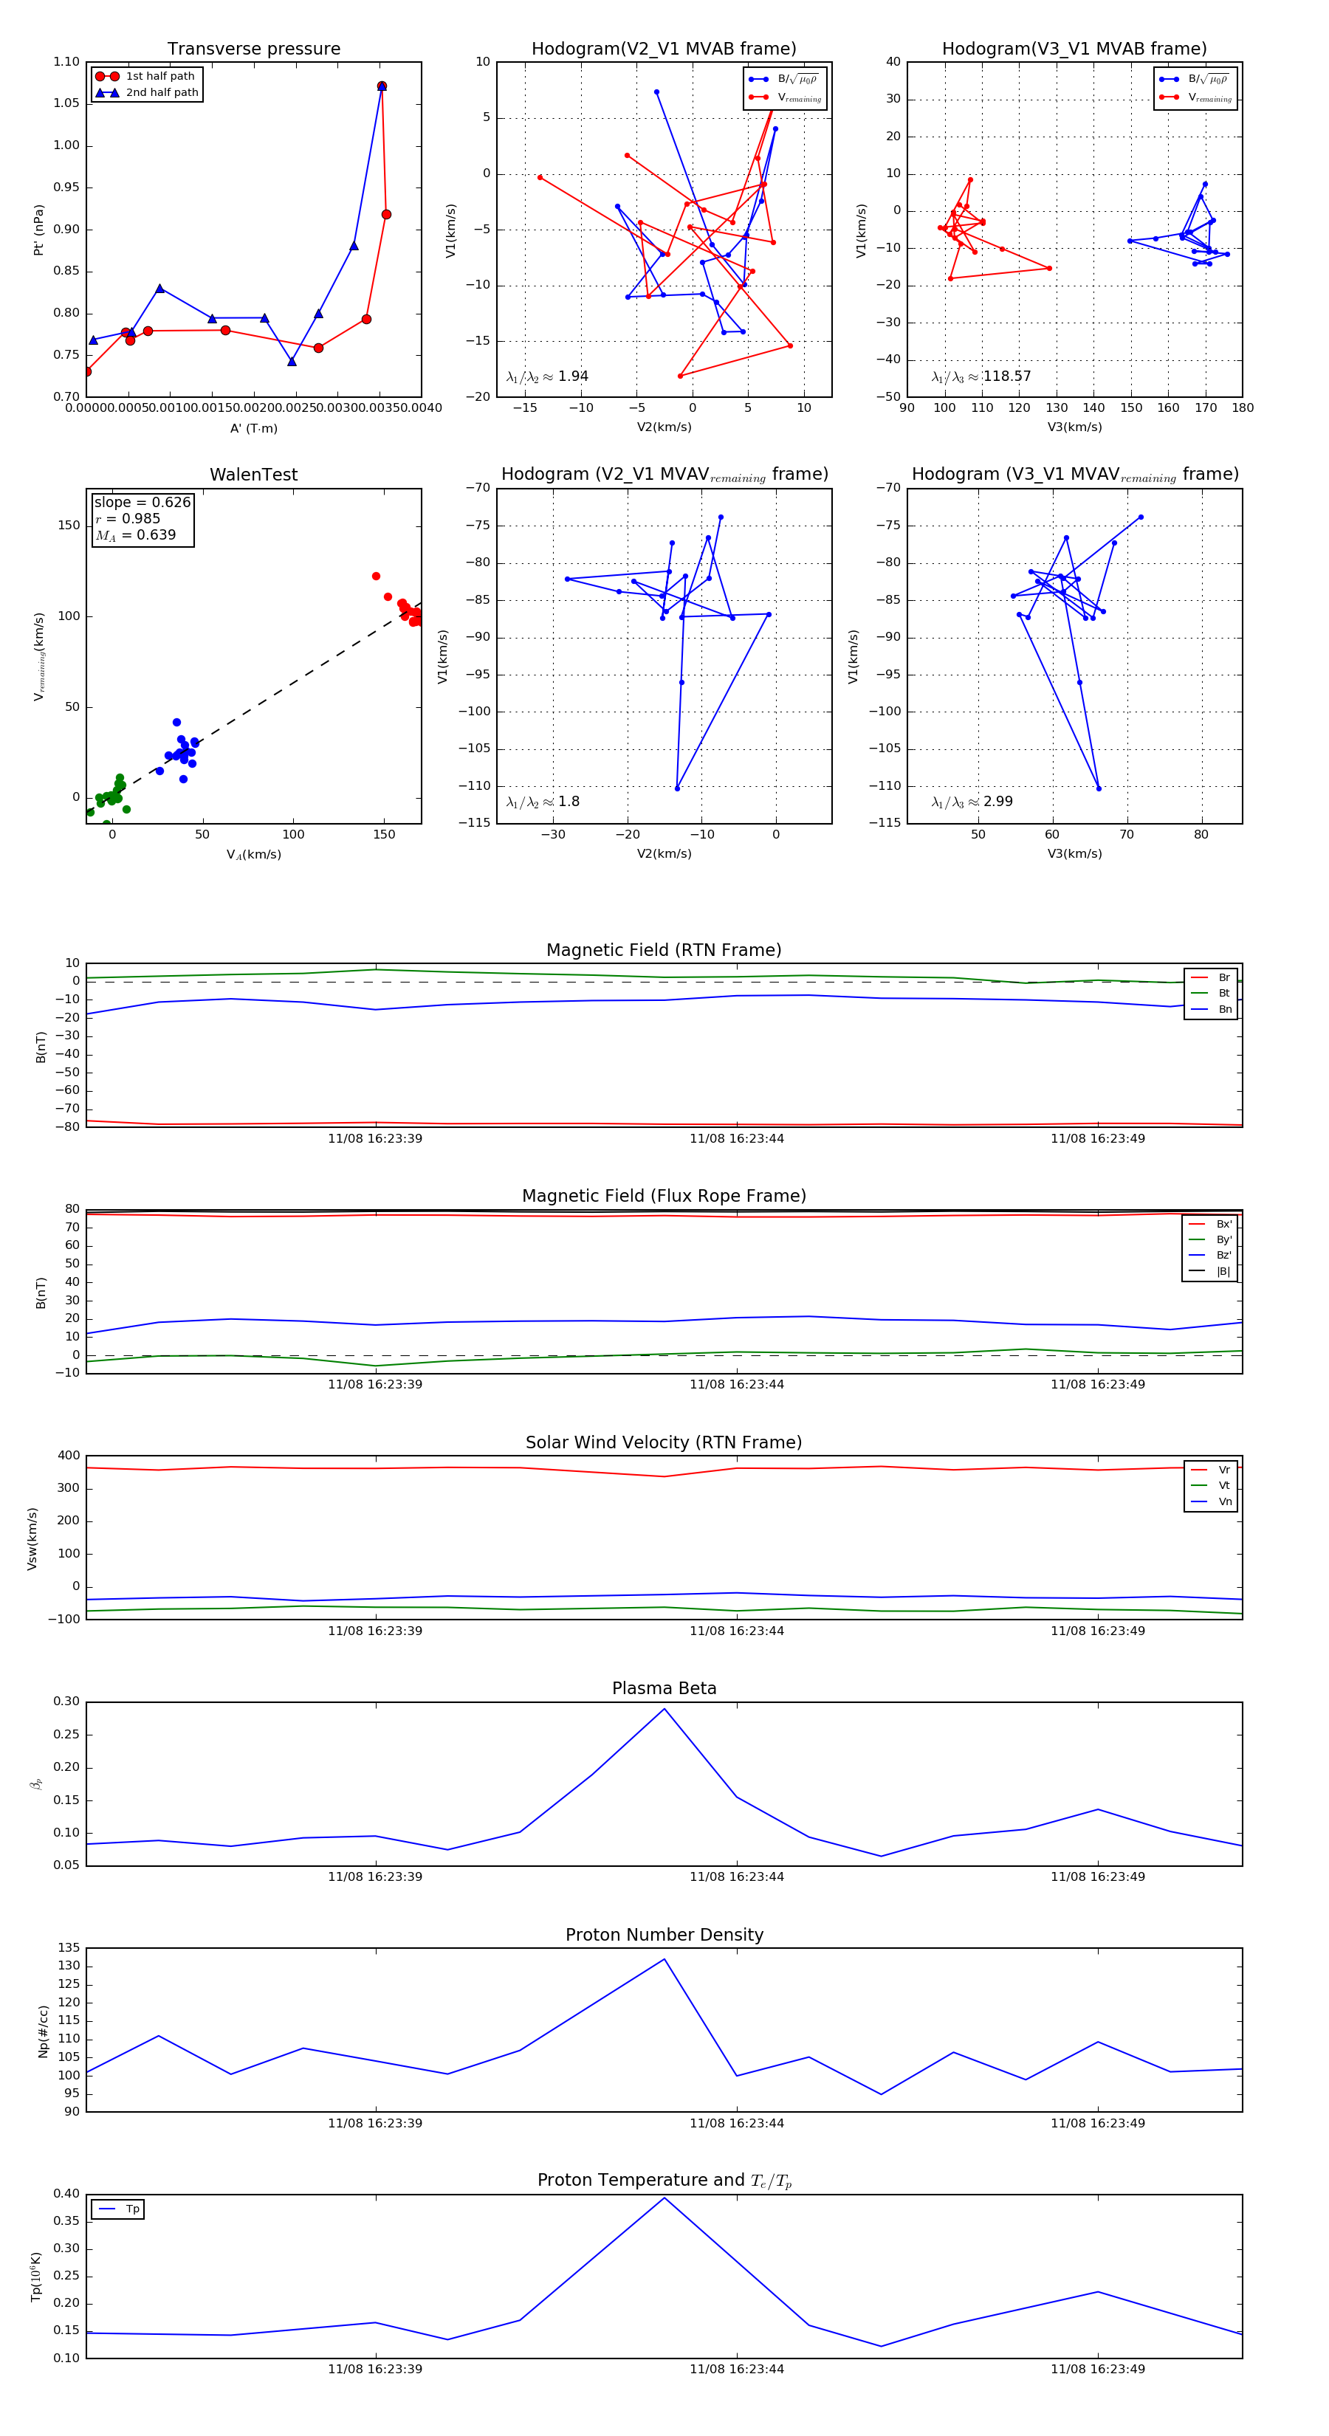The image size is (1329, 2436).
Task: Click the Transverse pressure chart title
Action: click(253, 49)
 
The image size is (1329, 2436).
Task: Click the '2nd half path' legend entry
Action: click(162, 93)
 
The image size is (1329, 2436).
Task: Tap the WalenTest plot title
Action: click(253, 475)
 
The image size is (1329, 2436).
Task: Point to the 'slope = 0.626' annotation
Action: click(142, 502)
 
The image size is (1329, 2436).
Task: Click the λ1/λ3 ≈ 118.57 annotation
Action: click(981, 376)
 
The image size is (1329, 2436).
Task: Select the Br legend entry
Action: click(1223, 978)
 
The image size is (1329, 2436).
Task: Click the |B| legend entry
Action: click(1223, 1271)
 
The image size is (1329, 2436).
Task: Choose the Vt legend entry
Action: click(1224, 1486)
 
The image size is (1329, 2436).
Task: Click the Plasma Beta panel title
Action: click(664, 1688)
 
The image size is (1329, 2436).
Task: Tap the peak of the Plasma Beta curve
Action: click(664, 1709)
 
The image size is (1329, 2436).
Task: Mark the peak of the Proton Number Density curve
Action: click(664, 1958)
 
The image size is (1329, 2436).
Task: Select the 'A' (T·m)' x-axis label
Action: click(253, 428)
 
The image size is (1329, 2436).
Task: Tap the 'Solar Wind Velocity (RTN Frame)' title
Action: click(664, 1442)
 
